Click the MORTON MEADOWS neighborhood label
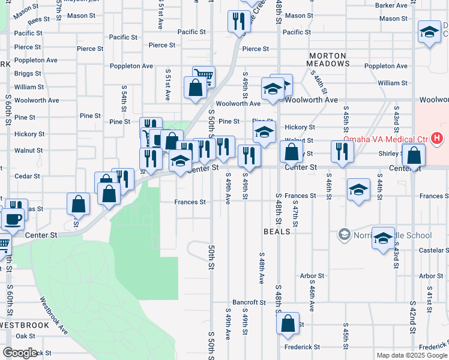pos(328,59)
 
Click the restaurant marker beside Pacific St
pos(239,22)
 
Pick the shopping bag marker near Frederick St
pos(288,323)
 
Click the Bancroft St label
pos(249,302)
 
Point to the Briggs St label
pos(29,74)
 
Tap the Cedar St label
pos(27,176)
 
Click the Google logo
pos(20,353)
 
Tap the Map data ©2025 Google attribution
pos(411,355)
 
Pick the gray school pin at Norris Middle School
pos(345,233)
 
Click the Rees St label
pos(38,19)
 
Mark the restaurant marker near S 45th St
pos(342,152)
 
